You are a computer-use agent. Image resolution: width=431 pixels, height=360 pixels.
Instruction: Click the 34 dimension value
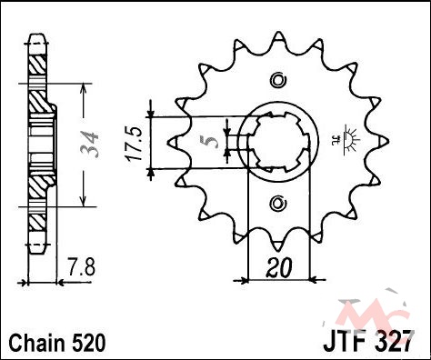click(x=90, y=145)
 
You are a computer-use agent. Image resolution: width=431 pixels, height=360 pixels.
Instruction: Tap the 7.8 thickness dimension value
click(x=81, y=266)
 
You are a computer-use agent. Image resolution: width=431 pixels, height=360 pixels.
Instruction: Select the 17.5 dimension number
click(x=134, y=144)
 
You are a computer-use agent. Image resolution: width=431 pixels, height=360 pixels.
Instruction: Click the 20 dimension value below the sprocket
click(x=279, y=268)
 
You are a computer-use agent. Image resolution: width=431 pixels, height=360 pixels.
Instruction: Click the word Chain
click(x=37, y=343)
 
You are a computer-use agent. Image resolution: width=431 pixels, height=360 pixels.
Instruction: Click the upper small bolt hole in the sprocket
click(x=278, y=81)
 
